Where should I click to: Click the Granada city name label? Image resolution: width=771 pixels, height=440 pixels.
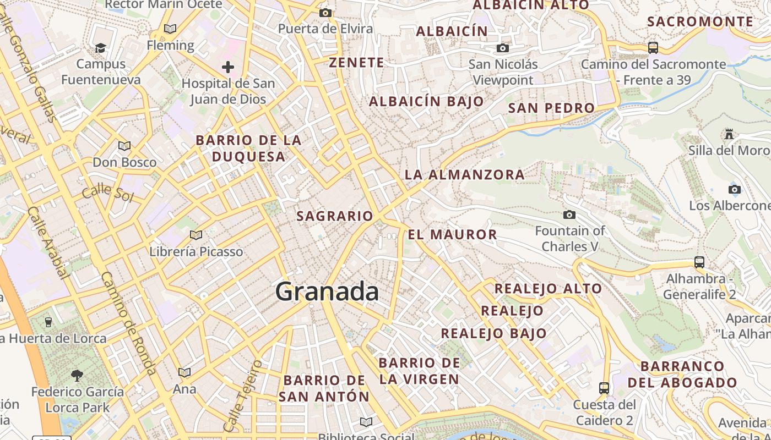(x=327, y=291)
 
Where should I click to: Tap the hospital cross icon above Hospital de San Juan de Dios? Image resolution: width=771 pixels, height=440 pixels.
(x=227, y=67)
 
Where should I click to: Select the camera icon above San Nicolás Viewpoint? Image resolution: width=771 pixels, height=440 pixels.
(x=503, y=48)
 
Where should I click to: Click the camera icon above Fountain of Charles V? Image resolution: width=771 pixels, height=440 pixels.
(x=569, y=215)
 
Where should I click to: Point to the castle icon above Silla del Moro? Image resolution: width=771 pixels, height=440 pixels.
(x=729, y=134)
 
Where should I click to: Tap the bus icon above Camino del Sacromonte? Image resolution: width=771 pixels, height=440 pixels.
(x=653, y=48)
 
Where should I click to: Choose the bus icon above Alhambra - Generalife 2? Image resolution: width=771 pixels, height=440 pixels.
(x=699, y=262)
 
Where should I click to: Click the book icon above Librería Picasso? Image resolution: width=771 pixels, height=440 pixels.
(x=196, y=235)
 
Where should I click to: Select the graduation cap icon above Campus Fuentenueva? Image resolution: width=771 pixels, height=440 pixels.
(x=100, y=48)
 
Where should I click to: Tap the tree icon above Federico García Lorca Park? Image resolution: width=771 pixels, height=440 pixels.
(x=77, y=376)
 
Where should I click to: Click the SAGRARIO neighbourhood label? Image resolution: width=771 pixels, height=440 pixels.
(x=335, y=216)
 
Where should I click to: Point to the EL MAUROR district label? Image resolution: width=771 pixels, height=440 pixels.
(x=452, y=235)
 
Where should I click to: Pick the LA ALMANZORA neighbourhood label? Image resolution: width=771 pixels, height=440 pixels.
(x=465, y=175)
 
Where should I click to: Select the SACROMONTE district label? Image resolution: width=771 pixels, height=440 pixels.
(x=700, y=22)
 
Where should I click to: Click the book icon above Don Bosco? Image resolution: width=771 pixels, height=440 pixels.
(x=124, y=146)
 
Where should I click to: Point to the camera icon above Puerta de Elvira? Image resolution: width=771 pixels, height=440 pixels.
(x=325, y=13)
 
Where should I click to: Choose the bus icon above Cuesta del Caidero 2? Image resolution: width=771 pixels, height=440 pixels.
(x=604, y=388)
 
